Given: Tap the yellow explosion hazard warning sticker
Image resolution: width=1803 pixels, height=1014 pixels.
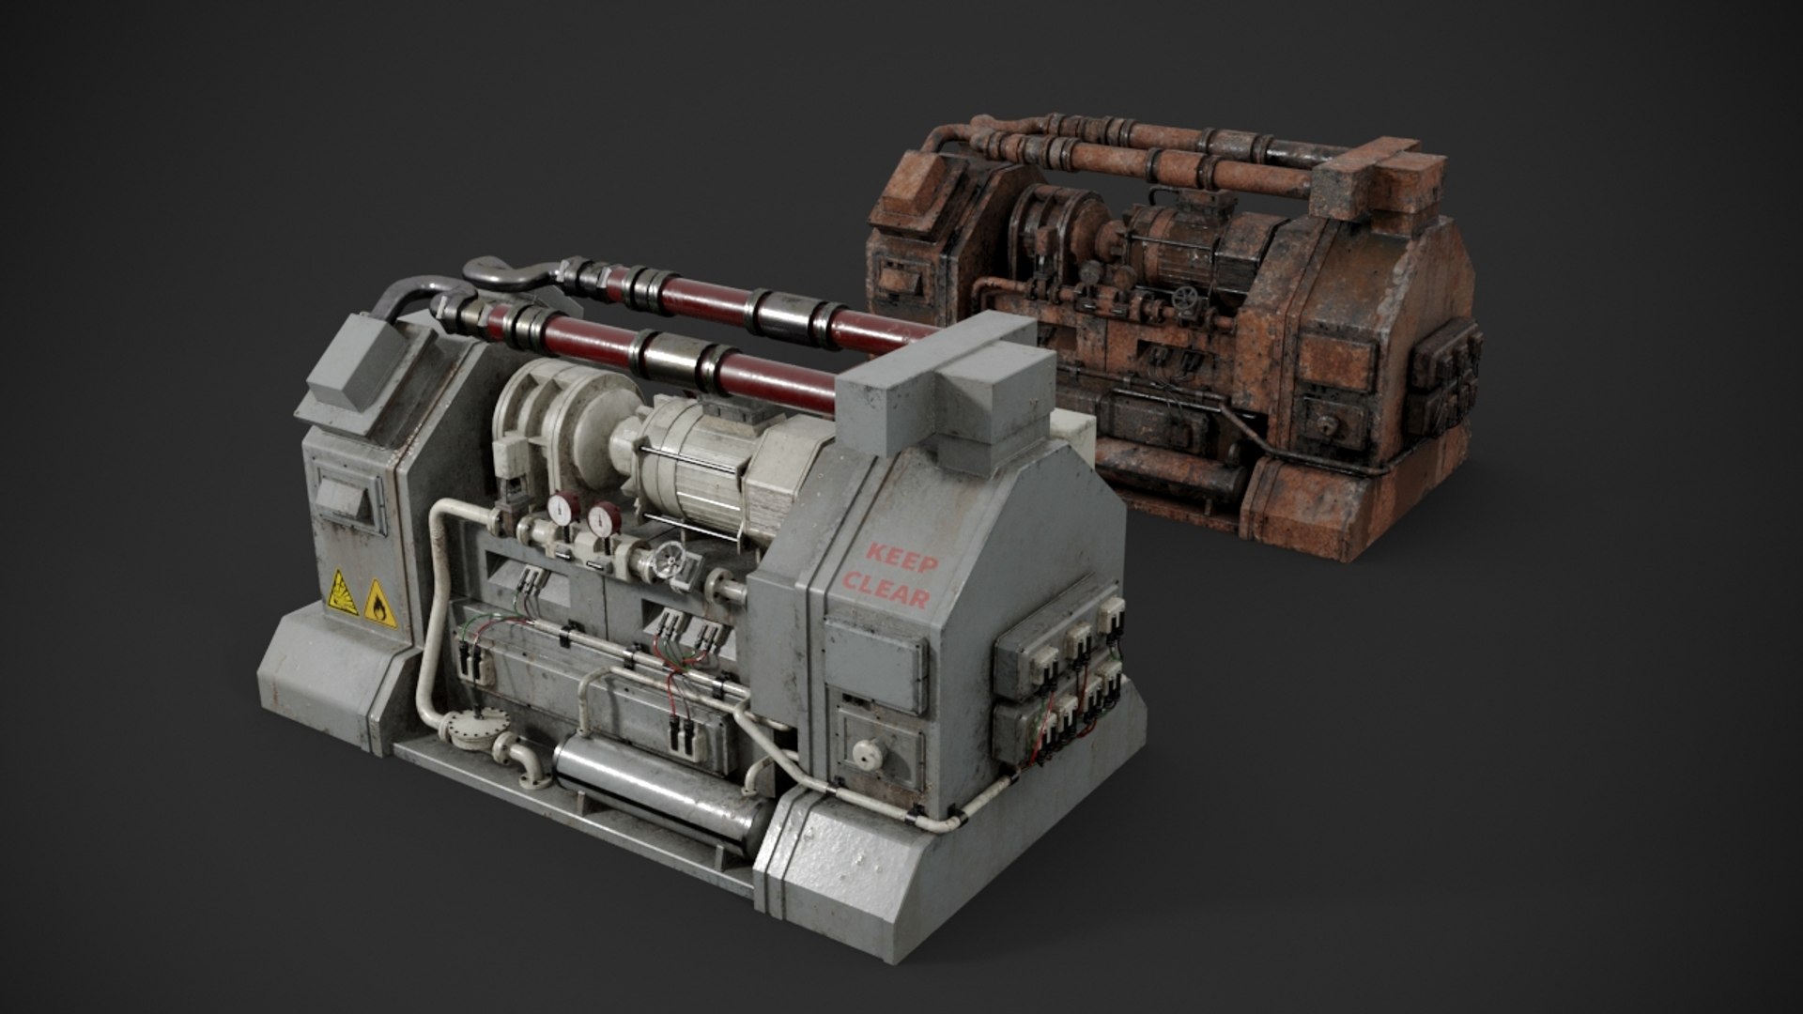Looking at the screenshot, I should coord(343,591).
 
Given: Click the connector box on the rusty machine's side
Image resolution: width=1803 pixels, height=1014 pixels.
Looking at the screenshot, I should coord(1444,376).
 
